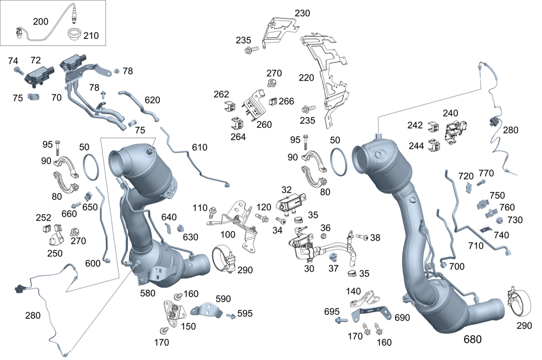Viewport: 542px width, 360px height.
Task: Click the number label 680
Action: point(472,339)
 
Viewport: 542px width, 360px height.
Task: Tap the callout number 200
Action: point(41,22)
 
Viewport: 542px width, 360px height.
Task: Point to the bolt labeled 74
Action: point(18,70)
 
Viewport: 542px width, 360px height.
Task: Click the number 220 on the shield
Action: point(306,78)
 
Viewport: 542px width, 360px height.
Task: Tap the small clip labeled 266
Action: point(274,101)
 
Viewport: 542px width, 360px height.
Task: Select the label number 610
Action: point(199,147)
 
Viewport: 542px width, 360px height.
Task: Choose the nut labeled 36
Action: point(324,236)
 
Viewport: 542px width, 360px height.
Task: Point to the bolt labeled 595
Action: point(231,315)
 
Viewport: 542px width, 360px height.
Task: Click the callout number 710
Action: point(476,245)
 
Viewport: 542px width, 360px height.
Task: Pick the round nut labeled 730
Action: point(499,220)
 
